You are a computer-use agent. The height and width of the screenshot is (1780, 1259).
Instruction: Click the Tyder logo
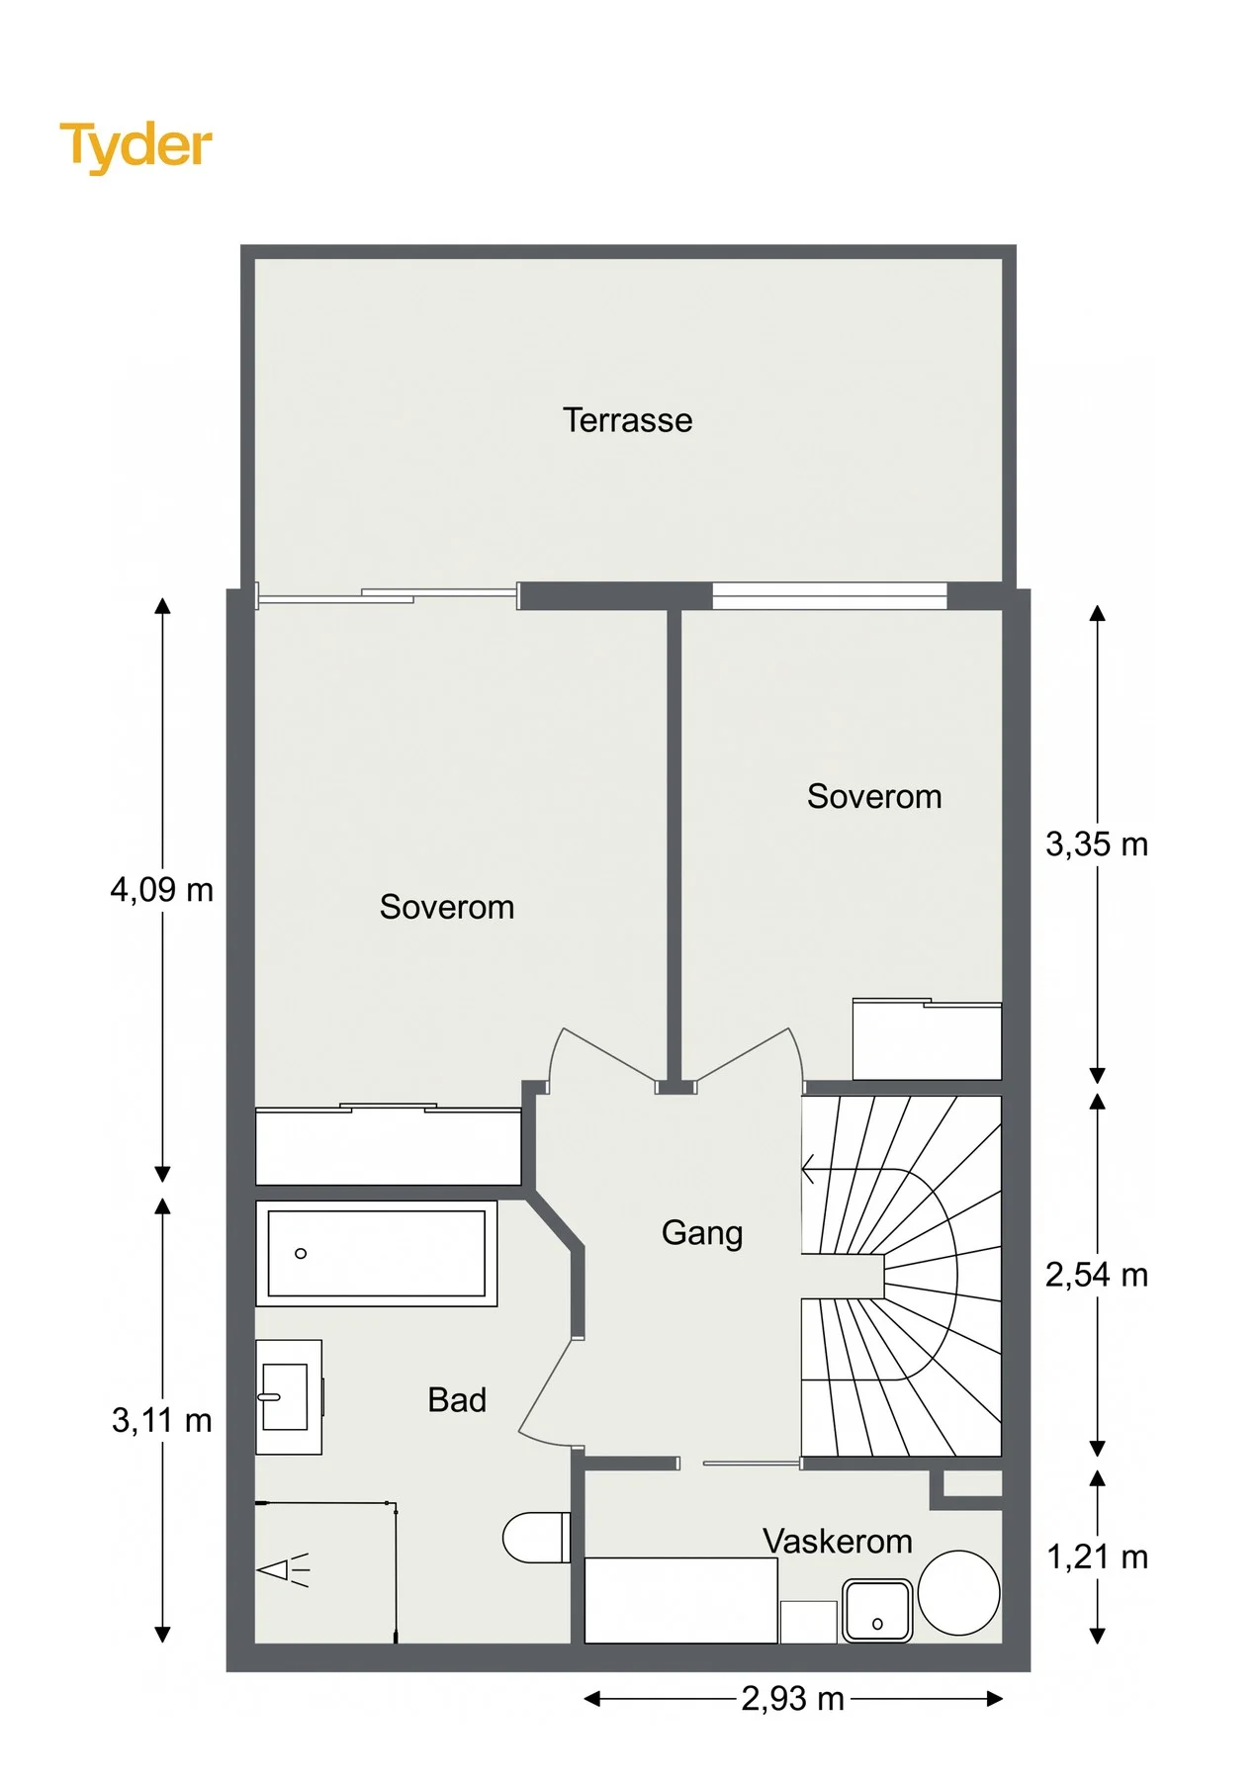tap(135, 146)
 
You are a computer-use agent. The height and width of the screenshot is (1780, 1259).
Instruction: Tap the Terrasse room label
tap(627, 420)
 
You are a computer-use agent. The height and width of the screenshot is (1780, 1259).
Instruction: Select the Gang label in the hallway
tap(701, 1233)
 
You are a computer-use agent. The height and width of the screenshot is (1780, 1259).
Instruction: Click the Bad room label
tap(457, 1399)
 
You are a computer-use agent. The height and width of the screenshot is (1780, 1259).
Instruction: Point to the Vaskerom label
tap(837, 1541)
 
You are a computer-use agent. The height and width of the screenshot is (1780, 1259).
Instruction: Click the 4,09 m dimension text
tap(161, 890)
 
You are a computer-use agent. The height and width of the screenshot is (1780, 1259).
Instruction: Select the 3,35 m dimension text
tap(1097, 845)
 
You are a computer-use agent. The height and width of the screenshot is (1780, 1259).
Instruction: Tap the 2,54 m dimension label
tap(1097, 1275)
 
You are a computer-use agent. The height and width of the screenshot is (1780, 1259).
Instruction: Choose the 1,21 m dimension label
tap(1097, 1557)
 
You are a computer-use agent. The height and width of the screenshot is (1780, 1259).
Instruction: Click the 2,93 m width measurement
tap(793, 1699)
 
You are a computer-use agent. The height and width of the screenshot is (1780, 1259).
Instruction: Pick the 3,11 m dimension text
tap(161, 1421)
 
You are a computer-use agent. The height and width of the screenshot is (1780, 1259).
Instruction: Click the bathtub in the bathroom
tap(377, 1253)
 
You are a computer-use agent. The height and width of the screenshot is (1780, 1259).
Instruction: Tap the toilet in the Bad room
tap(537, 1538)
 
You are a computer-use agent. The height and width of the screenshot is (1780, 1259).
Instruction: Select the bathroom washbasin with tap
tap(289, 1396)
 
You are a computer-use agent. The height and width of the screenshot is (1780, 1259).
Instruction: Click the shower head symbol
tap(283, 1569)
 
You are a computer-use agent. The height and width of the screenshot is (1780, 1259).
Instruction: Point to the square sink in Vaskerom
tap(876, 1611)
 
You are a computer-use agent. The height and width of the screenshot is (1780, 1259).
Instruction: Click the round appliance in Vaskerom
tap(958, 1593)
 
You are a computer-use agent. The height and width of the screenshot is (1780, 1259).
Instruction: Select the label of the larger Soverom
tap(447, 907)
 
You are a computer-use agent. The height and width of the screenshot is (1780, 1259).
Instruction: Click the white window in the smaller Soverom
tap(830, 595)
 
